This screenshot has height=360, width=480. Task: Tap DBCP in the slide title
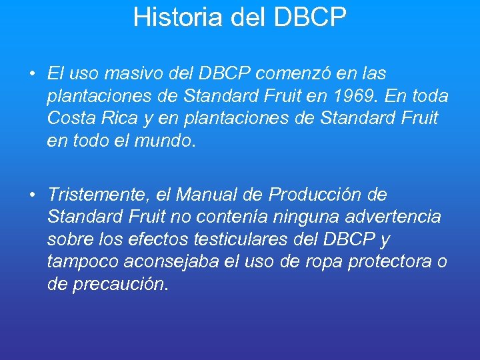pos(310,17)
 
